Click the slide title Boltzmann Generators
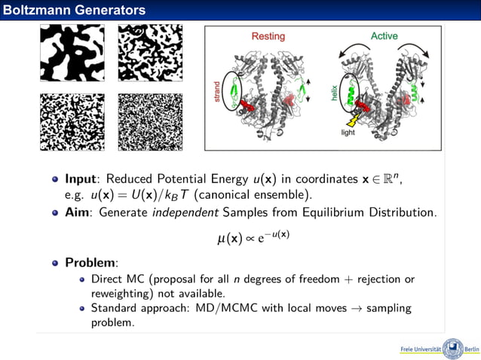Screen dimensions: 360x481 pos(73,10)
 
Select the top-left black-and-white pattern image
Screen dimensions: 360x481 pos(72,53)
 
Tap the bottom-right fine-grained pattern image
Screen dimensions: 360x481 pos(150,122)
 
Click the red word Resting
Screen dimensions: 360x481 pos(268,36)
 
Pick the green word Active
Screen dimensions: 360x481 pos(384,36)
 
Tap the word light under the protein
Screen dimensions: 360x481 pos(348,133)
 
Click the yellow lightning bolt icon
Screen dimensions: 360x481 pos(351,120)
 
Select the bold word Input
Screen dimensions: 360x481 pos(83,179)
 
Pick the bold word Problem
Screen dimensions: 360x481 pos(91,263)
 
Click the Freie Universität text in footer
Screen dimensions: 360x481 pos(420,350)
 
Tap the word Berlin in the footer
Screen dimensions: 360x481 pos(471,350)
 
